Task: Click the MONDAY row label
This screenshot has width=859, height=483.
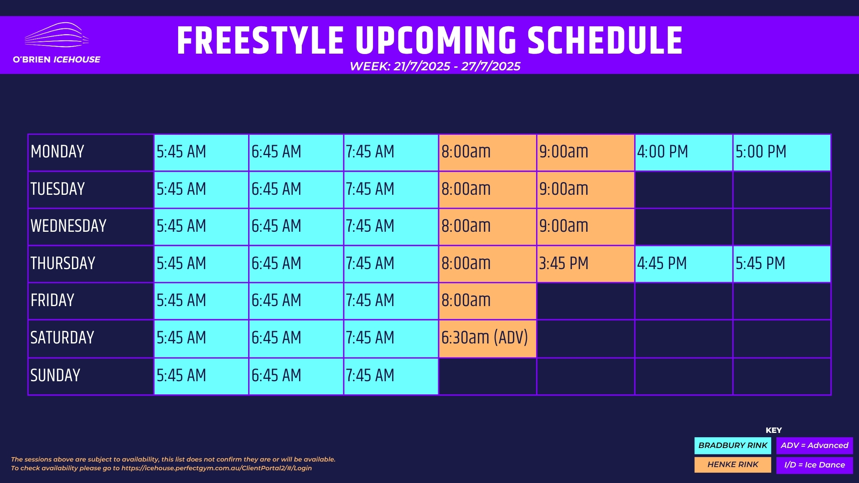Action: click(x=57, y=151)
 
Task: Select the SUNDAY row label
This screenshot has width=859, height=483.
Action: click(x=55, y=375)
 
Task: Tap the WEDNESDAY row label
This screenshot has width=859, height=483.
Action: click(x=68, y=226)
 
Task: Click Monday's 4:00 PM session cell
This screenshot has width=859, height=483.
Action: click(x=684, y=153)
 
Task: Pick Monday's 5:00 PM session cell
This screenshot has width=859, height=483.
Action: click(x=782, y=153)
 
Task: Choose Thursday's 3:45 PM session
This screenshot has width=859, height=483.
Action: click(x=585, y=264)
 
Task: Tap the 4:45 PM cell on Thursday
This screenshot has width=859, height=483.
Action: click(x=684, y=264)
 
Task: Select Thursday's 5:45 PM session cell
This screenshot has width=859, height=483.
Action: click(x=782, y=264)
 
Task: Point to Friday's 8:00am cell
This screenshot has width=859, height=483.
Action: click(x=488, y=301)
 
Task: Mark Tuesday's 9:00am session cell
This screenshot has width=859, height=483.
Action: click(x=585, y=190)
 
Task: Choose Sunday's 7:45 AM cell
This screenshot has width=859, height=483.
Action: click(x=391, y=376)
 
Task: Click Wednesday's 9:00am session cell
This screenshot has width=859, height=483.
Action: click(x=585, y=227)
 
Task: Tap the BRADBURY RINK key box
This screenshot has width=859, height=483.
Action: click(x=733, y=446)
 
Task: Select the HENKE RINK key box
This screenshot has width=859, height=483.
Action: click(x=733, y=465)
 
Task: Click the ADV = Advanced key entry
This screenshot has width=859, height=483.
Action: click(x=814, y=446)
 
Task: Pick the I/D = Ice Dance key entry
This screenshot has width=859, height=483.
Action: click(x=814, y=465)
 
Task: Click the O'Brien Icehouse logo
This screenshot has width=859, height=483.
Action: click(x=56, y=43)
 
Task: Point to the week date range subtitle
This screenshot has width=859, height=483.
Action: click(x=435, y=66)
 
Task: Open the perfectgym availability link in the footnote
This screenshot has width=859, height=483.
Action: click(x=217, y=468)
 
